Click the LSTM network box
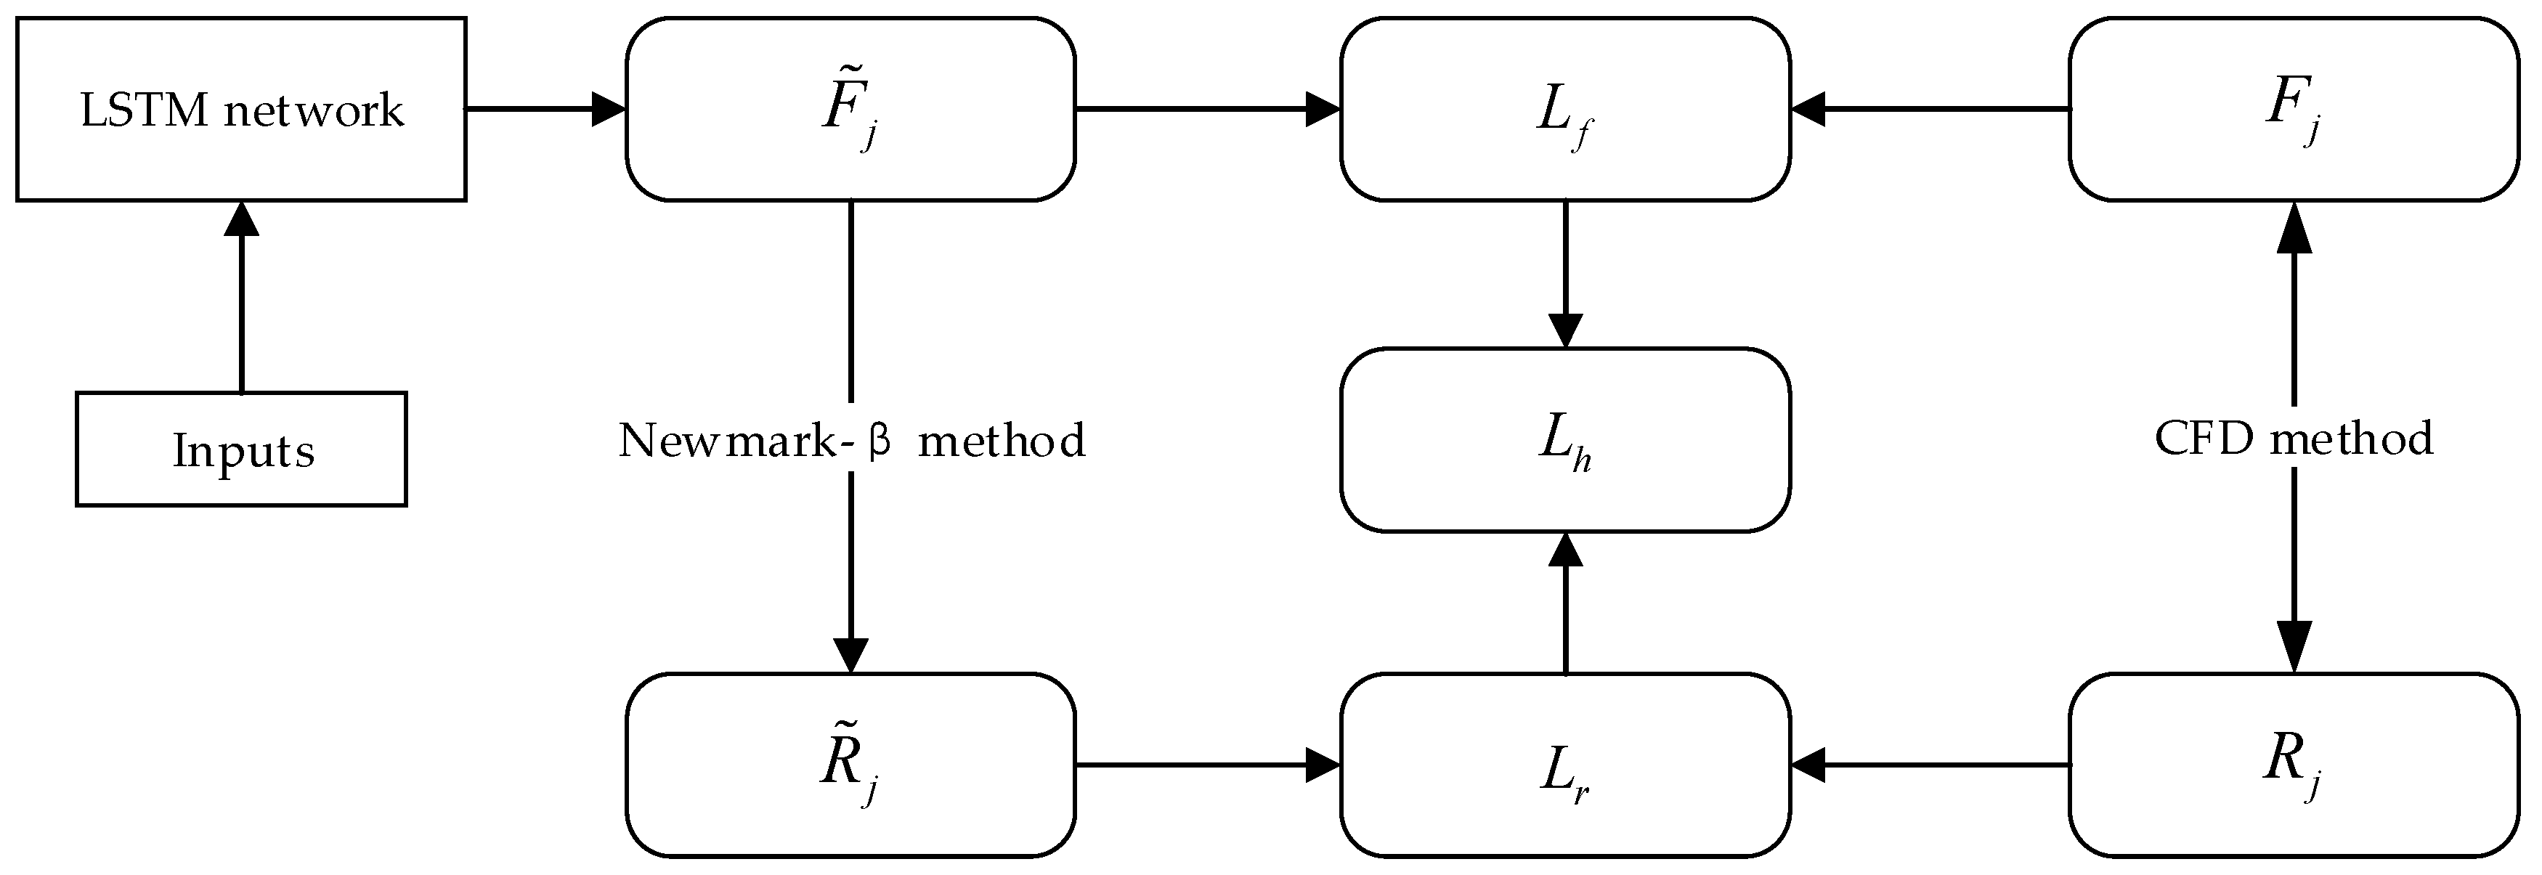[x=241, y=108]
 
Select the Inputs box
[x=241, y=449]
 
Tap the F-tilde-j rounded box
[x=850, y=108]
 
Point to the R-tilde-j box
[x=850, y=765]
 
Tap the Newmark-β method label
[x=850, y=440]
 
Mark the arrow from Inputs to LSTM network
[x=241, y=296]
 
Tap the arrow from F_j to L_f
[x=1929, y=108]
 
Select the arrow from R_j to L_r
[x=1929, y=765]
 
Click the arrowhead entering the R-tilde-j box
[x=850, y=655]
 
